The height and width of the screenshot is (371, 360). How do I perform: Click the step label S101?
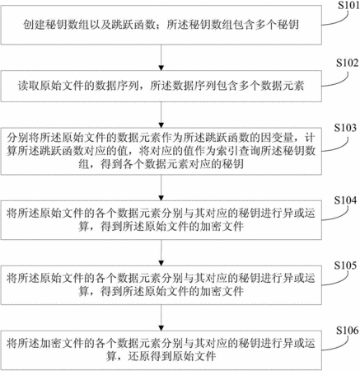[x=348, y=5]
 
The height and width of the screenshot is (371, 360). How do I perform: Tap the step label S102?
[x=348, y=63]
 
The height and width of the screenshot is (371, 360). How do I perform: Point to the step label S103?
[x=345, y=128]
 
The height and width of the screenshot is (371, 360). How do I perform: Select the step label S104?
[x=345, y=200]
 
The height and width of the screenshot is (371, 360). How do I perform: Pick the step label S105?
[x=345, y=265]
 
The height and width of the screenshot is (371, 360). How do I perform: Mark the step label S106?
[x=348, y=331]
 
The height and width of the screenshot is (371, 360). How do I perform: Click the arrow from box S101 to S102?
[x=161, y=58]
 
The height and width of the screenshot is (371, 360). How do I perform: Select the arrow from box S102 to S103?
[x=161, y=115]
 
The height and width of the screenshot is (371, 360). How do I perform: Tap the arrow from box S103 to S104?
[x=161, y=188]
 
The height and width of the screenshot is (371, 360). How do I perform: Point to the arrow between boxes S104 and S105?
[x=161, y=253]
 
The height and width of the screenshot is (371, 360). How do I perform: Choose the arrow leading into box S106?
[x=161, y=318]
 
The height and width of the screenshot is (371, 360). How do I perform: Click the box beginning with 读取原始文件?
[x=161, y=87]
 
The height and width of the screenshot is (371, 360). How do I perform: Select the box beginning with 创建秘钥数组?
[x=161, y=25]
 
